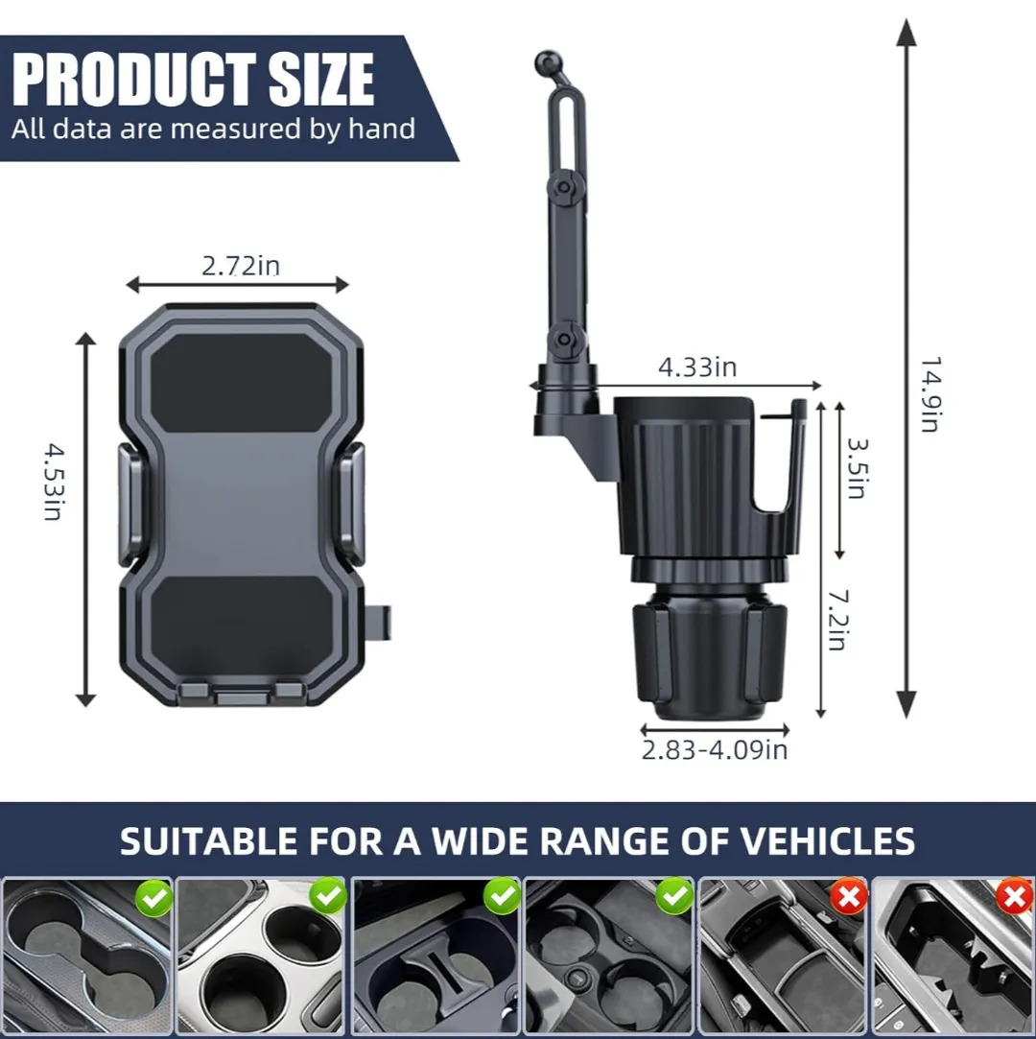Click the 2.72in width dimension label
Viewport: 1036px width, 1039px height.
coord(241,266)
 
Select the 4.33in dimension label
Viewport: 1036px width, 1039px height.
coord(696,366)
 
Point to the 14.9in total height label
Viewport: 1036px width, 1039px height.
coord(930,394)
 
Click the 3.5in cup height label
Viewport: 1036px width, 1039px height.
coord(858,468)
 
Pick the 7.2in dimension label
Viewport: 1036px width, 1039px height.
coord(838,620)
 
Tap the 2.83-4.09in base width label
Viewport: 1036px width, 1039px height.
coord(714,749)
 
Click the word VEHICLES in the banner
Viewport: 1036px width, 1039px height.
coord(827,840)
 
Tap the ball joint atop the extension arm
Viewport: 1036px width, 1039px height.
coord(547,63)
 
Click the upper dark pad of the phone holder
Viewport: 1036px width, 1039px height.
coord(242,382)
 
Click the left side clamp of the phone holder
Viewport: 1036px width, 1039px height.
coord(130,505)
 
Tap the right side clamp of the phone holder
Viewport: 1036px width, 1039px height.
coord(352,505)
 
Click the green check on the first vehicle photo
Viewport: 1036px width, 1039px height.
coord(153,898)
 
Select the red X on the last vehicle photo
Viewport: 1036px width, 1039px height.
coord(1014,898)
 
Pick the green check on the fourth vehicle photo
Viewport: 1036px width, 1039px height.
coord(674,897)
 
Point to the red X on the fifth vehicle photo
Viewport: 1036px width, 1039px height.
coord(849,897)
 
